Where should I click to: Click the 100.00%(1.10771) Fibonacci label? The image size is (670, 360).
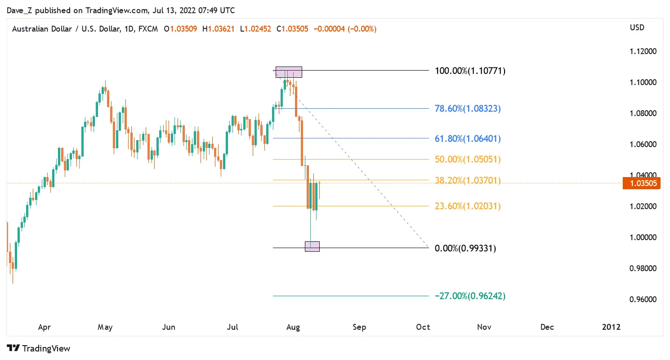(470, 71)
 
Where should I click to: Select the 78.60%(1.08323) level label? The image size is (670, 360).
(468, 108)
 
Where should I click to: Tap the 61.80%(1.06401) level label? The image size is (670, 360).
(468, 138)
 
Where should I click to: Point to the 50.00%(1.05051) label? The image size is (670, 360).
(468, 160)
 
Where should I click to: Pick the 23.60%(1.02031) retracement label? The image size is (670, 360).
(468, 206)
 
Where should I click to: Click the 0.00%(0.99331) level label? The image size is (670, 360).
(465, 248)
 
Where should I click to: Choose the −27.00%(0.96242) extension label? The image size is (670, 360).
(470, 296)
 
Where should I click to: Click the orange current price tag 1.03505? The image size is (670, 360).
(641, 183)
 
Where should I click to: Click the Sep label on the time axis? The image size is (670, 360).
(359, 327)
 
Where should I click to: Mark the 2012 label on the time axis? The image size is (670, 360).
(611, 327)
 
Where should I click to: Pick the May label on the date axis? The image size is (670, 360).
(105, 327)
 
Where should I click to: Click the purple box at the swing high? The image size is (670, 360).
(288, 72)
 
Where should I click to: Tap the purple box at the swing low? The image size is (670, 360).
(312, 246)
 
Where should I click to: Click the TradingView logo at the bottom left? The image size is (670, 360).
(39, 348)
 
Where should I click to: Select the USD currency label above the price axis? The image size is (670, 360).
(637, 28)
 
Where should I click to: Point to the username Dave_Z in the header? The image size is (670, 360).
(18, 10)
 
